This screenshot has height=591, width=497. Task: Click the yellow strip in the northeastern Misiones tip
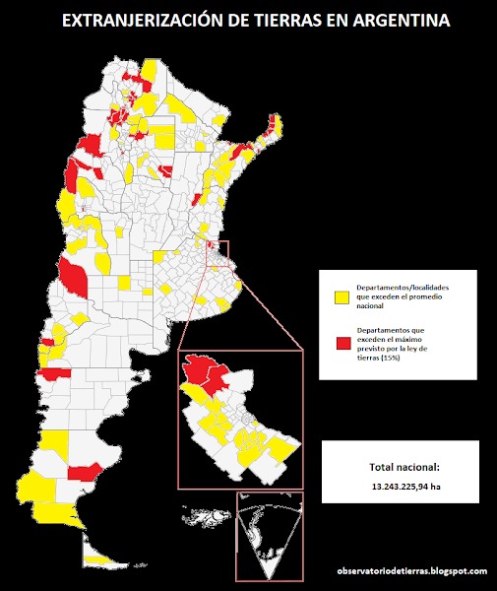(275, 126)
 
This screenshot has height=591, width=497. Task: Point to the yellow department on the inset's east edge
(282, 448)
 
